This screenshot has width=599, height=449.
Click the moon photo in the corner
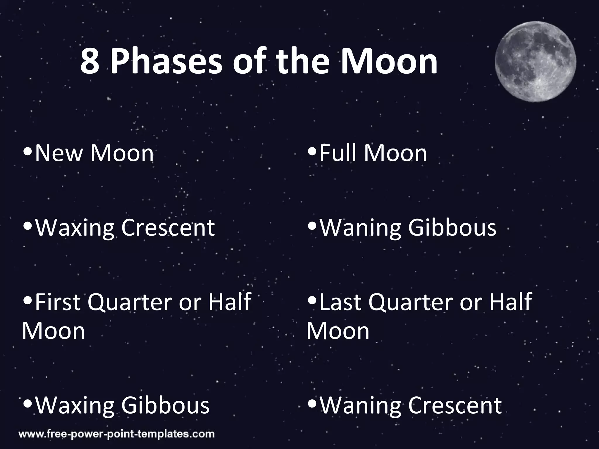point(535,62)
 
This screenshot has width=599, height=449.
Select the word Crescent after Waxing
point(168,227)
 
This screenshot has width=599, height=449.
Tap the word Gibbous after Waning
point(452,227)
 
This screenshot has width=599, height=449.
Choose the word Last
point(340,302)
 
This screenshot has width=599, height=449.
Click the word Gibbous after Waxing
point(165,405)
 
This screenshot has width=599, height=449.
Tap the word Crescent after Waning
point(455,405)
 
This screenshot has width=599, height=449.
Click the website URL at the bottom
point(116,434)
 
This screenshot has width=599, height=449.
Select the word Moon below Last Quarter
point(338,331)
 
